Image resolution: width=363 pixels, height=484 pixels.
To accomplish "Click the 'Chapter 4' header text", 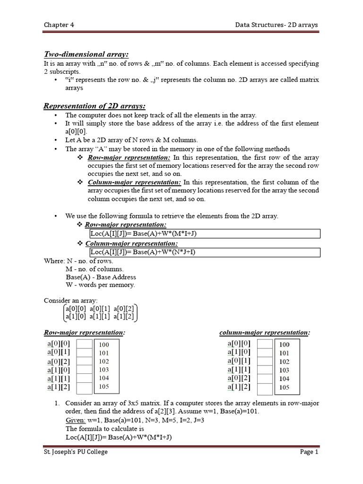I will pyautogui.click(x=59, y=25).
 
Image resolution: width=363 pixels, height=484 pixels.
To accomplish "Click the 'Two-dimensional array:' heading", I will pyautogui.click(x=80, y=54).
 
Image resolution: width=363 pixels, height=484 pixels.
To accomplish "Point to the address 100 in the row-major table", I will pyautogui.click(x=104, y=345).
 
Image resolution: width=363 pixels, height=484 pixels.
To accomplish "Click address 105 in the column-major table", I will pyautogui.click(x=284, y=387).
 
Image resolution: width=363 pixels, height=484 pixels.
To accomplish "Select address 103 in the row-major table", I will pyautogui.click(x=104, y=370).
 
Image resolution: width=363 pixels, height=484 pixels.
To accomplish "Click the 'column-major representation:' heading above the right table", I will pyautogui.click(x=265, y=333).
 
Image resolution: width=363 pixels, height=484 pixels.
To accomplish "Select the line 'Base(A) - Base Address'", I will pyautogui.click(x=101, y=277).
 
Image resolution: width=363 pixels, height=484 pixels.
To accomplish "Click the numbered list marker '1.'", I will pyautogui.click(x=56, y=403).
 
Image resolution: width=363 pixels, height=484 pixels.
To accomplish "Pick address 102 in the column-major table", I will pyautogui.click(x=284, y=362).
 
